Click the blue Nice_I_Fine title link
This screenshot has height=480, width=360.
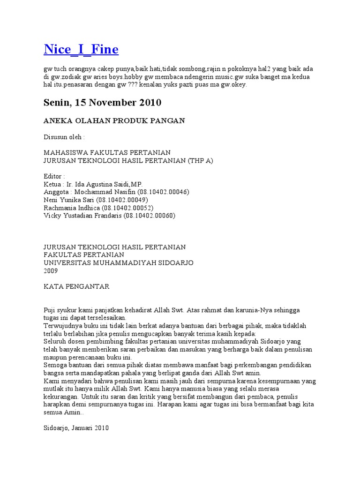pyautogui.click(x=81, y=49)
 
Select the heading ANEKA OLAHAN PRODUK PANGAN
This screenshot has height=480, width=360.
pyautogui.click(x=114, y=121)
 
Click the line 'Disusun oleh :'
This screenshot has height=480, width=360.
pyautogui.click(x=64, y=137)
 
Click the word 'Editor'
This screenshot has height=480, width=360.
pyautogui.click(x=52, y=176)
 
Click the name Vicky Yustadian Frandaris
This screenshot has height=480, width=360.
pyautogui.click(x=82, y=216)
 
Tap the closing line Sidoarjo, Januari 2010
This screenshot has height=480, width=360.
pyautogui.click(x=76, y=428)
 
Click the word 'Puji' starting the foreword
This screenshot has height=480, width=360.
pyautogui.click(x=49, y=310)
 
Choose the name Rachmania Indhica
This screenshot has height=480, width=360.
pyautogui.click(x=70, y=208)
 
